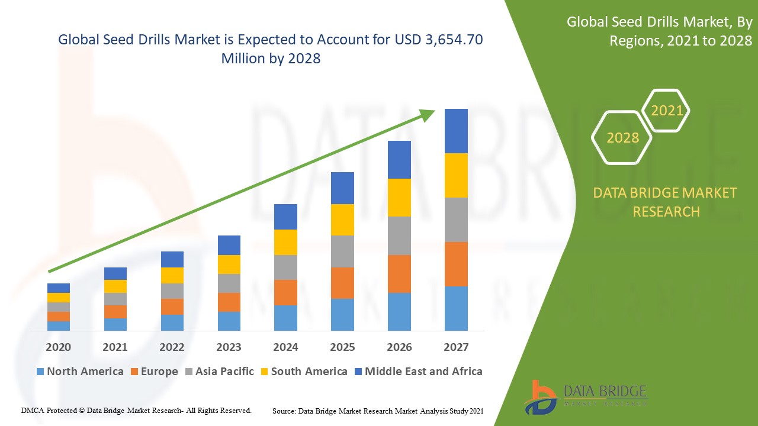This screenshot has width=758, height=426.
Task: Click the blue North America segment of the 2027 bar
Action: coord(456,308)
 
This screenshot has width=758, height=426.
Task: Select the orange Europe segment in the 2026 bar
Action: coord(399,273)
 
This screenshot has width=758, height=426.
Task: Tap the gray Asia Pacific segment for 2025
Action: coord(342,251)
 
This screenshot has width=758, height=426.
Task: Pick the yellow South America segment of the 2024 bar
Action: coord(285,242)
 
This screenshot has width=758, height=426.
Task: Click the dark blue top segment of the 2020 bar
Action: coord(59,288)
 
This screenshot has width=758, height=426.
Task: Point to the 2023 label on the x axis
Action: coord(229,347)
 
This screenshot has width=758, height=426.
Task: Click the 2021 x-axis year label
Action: coord(115,347)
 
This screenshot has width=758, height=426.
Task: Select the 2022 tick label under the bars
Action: coord(172,347)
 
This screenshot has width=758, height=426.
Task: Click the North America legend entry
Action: coord(79,372)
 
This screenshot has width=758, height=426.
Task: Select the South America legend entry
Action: coord(303,372)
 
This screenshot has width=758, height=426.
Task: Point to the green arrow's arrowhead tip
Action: coord(434,111)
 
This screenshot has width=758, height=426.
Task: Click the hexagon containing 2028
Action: coord(622,137)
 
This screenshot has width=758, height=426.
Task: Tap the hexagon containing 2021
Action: coord(667,111)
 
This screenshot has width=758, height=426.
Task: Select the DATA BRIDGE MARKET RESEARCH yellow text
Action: coord(666,202)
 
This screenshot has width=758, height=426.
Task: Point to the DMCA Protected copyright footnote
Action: coord(136,410)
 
